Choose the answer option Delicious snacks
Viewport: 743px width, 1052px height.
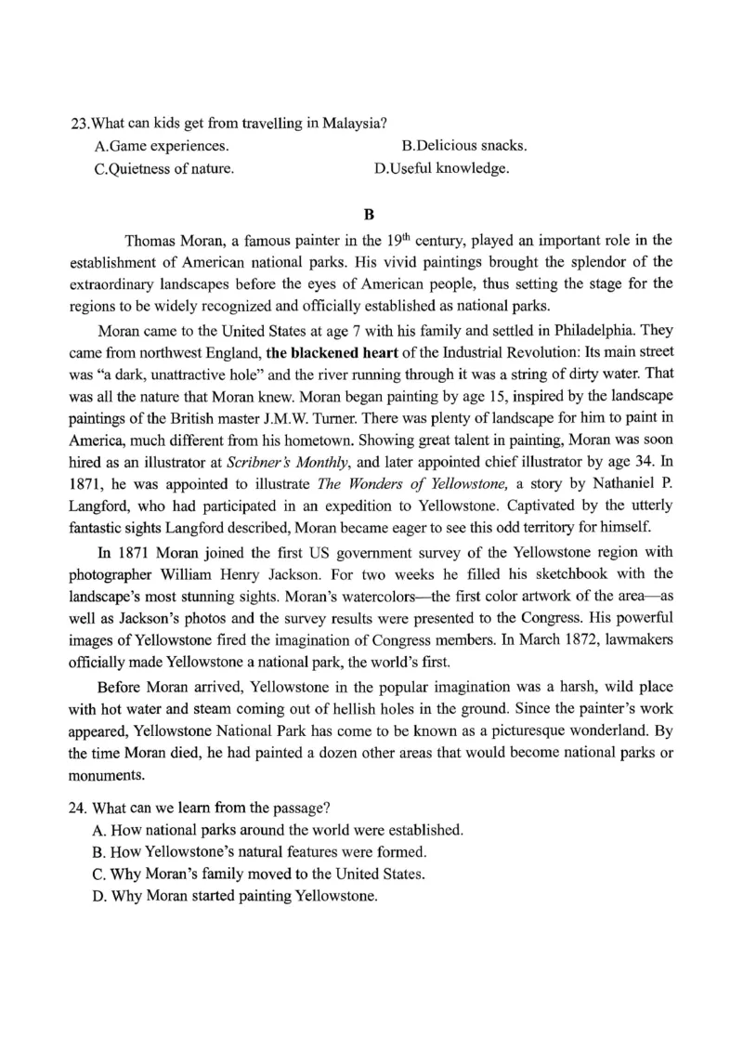click(x=464, y=147)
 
